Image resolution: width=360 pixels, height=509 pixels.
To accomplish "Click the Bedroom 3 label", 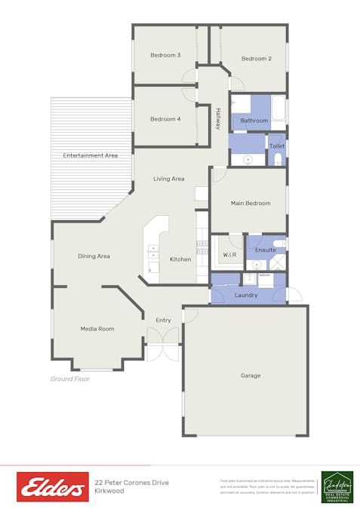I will [x=165, y=55].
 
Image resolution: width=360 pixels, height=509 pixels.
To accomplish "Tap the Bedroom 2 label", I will [x=257, y=59].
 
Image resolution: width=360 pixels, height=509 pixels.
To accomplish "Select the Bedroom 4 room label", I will [x=165, y=119].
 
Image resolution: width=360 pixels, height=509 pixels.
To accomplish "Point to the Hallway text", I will [x=218, y=120].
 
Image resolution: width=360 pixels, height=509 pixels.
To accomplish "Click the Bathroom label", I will [x=254, y=121].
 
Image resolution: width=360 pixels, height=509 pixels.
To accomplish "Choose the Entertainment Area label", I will [x=91, y=155].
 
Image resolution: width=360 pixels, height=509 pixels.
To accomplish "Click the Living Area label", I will [x=169, y=179].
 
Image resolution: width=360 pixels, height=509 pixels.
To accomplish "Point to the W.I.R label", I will [x=229, y=255].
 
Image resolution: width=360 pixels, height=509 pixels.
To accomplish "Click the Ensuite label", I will [x=266, y=250].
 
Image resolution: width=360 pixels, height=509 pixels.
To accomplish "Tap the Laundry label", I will [x=246, y=295].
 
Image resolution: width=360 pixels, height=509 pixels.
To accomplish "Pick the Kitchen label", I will [x=180, y=259].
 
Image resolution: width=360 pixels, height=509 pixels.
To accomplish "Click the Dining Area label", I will [x=94, y=256].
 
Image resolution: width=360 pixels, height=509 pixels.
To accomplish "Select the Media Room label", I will [x=97, y=329].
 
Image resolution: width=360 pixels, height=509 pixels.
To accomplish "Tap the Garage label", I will [x=251, y=376].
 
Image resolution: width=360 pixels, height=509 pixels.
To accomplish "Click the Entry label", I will [x=164, y=320].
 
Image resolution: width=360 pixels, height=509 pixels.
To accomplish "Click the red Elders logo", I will [x=53, y=487].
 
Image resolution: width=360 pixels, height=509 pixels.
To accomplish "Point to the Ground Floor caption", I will [x=70, y=379].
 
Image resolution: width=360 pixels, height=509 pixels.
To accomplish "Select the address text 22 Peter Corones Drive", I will [x=132, y=483].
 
